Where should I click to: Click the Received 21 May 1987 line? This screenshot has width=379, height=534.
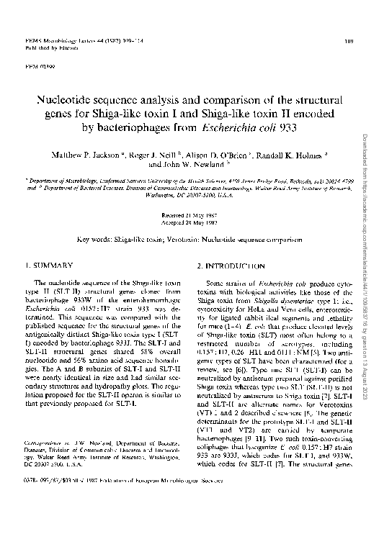189,214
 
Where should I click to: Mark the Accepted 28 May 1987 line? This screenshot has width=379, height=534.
189,222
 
